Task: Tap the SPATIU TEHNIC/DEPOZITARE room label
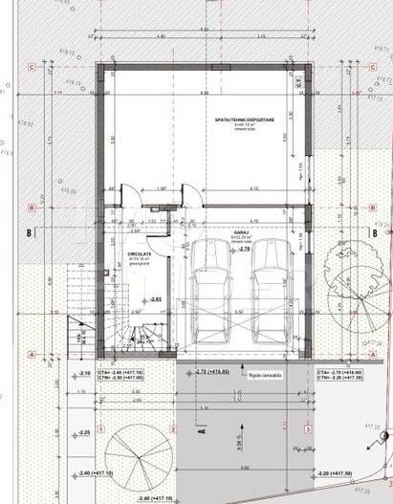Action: [245, 121]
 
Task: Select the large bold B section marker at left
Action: [30, 231]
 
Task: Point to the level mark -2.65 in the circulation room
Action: [155, 299]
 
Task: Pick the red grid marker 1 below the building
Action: [99, 430]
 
